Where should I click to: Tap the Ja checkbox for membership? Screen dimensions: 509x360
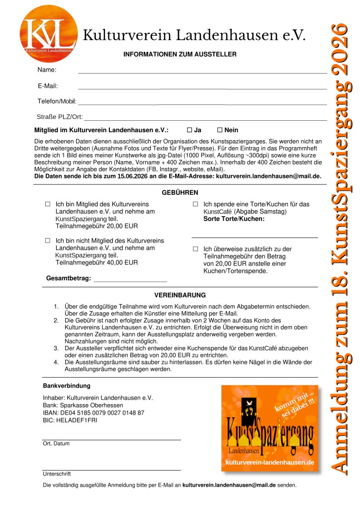[x=189, y=130]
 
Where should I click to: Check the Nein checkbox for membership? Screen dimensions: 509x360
[x=219, y=130]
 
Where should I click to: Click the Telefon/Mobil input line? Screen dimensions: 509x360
[x=202, y=104]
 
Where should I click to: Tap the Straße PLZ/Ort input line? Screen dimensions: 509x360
[x=205, y=119]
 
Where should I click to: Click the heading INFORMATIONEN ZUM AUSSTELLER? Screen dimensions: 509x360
[x=180, y=54]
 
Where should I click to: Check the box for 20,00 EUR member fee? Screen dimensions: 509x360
[x=48, y=204]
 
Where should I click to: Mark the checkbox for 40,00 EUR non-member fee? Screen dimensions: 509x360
[x=48, y=241]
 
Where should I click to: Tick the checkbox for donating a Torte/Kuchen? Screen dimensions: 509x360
[x=195, y=204]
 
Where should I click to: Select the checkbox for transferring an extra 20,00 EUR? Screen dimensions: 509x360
[x=195, y=249]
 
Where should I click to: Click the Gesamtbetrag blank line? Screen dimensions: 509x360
[x=130, y=281]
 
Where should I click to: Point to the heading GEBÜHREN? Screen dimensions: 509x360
[x=180, y=192]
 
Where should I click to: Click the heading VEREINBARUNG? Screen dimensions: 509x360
[x=180, y=295]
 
